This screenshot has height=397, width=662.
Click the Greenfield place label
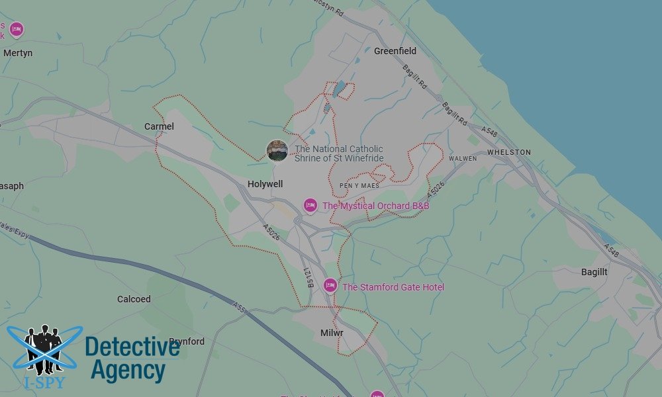coord(395,51)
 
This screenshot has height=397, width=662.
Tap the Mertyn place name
coord(18,53)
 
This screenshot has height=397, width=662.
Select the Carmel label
coord(159,126)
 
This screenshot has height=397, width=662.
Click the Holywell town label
coord(265,184)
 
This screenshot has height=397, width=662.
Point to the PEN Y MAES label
coord(359,186)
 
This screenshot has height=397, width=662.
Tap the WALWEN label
coord(463,159)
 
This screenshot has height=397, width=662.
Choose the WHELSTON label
coord(509,152)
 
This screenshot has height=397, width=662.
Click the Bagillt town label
coord(594,272)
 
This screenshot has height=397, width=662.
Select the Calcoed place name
coord(134,299)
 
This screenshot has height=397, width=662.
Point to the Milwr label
coord(332,332)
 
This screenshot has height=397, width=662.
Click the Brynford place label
coord(187,341)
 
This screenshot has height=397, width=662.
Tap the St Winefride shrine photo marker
coord(277,151)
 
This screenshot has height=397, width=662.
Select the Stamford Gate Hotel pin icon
coord(330,286)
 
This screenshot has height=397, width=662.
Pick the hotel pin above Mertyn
coord(17,29)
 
